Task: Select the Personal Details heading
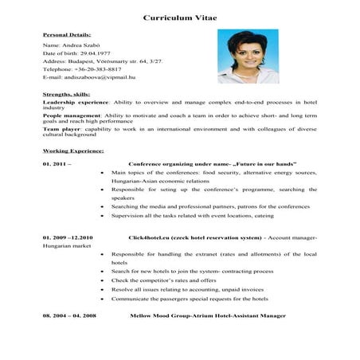[66, 35]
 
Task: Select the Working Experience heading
[72, 150]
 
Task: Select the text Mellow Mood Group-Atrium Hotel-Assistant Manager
[207, 316]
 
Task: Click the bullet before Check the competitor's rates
[104, 280]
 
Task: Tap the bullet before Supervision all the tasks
[104, 214]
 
